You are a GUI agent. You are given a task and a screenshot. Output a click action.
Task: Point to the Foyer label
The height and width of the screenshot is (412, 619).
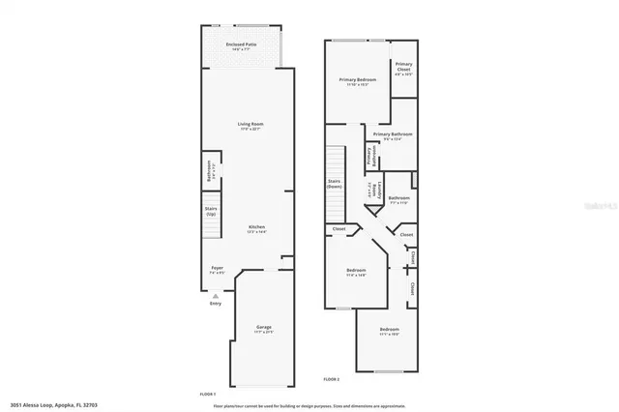point(218,271)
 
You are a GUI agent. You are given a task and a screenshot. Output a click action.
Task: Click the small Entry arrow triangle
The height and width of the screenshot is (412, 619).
point(216,296)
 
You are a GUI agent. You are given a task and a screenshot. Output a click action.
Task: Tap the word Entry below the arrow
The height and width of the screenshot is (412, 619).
point(216,305)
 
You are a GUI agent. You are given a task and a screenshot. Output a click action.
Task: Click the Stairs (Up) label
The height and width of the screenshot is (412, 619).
point(210,211)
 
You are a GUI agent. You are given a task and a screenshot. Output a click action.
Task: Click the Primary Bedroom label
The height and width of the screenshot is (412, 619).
point(358,80)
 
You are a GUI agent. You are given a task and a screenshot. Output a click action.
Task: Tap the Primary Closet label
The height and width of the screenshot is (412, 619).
point(403,69)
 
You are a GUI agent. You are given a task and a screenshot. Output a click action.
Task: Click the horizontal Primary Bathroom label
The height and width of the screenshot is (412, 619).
point(394,135)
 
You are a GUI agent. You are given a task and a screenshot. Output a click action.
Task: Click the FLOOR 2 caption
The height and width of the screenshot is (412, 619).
point(331,381)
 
